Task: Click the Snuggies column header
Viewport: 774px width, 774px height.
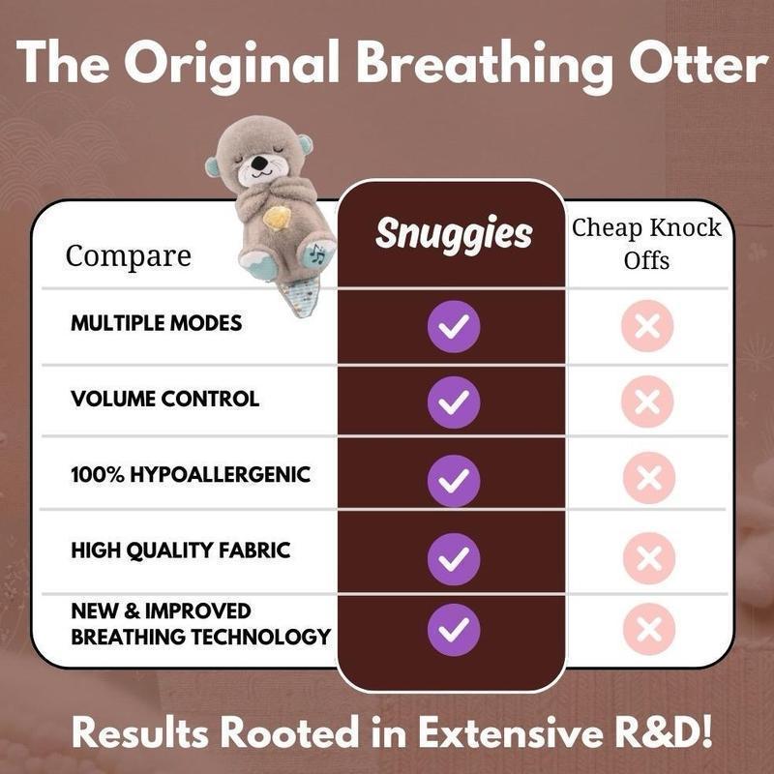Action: (454, 233)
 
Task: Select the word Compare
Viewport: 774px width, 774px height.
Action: (128, 256)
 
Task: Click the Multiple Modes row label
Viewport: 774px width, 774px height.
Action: (156, 323)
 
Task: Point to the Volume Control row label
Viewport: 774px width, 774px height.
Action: (164, 399)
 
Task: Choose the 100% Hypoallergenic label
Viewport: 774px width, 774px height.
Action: (191, 475)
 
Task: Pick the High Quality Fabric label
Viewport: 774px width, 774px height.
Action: (180, 551)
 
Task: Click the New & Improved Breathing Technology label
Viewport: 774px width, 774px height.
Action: (200, 624)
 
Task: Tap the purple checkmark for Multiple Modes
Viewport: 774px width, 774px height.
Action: (454, 327)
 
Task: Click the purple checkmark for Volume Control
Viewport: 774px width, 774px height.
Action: (454, 402)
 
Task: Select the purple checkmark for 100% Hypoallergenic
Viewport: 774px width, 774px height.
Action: (454, 478)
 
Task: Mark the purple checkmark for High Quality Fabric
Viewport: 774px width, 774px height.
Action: (454, 554)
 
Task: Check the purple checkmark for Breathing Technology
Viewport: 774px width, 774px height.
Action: (454, 629)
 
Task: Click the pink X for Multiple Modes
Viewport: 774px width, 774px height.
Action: (647, 326)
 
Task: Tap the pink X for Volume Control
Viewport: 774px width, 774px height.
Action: (647, 401)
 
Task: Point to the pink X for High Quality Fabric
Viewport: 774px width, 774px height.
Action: (647, 554)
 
